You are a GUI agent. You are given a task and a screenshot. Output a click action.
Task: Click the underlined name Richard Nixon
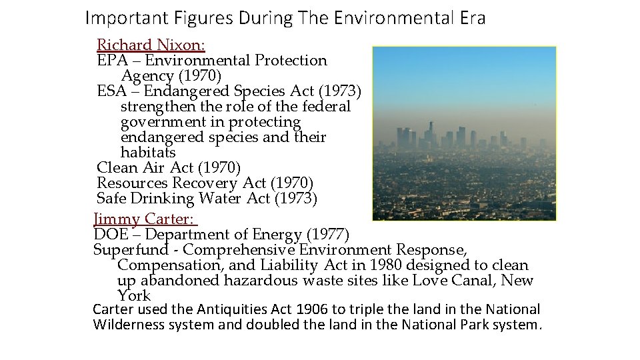pyautogui.click(x=151, y=45)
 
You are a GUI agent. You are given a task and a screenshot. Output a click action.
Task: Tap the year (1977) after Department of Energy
pyautogui.click(x=327, y=234)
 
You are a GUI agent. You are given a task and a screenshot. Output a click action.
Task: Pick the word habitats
pyautogui.click(x=148, y=153)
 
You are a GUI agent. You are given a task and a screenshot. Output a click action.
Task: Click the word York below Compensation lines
pyautogui.click(x=134, y=296)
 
